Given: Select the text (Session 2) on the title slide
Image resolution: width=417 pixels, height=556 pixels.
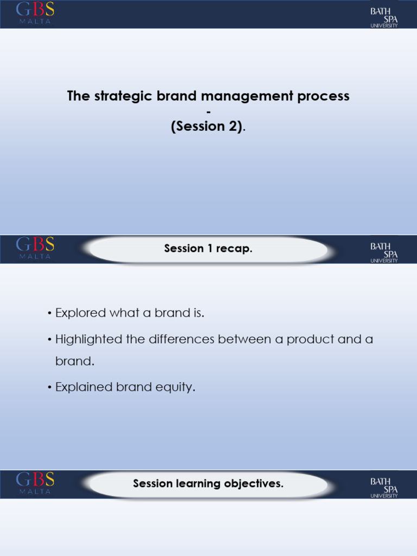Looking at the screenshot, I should [x=207, y=127].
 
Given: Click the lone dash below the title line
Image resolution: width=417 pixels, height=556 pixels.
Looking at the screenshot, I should [x=208, y=111].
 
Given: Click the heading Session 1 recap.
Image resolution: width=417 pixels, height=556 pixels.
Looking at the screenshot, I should [x=208, y=249].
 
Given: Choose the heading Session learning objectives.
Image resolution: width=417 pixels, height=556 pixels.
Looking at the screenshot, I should [x=208, y=483].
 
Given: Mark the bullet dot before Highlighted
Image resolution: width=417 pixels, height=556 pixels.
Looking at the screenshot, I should [x=49, y=340].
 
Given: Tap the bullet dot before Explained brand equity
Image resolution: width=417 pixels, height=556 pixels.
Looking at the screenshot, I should [x=49, y=388].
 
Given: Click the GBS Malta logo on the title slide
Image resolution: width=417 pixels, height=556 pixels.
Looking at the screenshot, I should [x=35, y=13].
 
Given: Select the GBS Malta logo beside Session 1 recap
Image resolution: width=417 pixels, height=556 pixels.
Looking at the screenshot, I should [x=35, y=249].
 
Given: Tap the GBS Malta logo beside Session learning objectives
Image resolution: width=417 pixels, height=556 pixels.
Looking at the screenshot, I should [x=35, y=483].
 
